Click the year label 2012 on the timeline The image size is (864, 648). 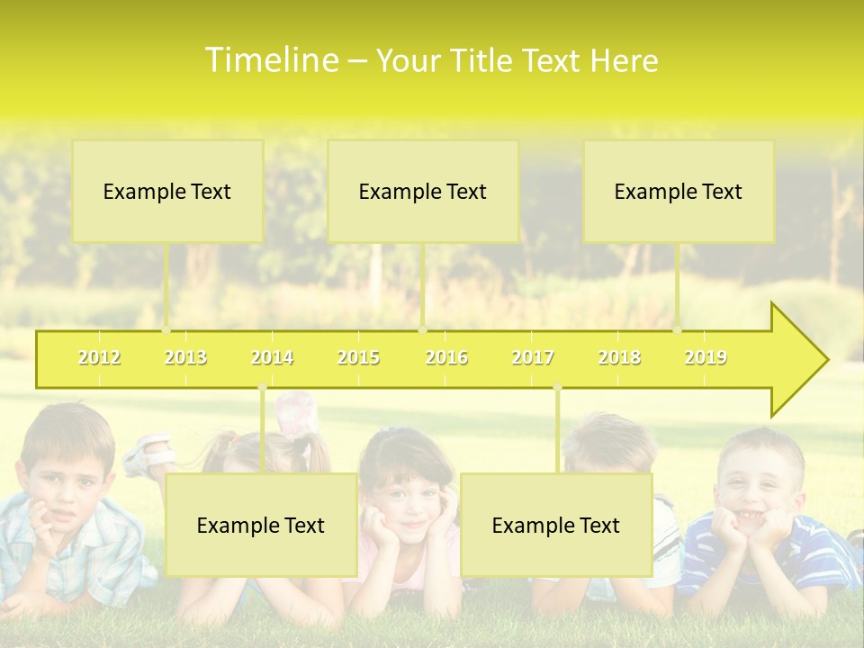click(99, 357)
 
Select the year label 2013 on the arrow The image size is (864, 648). click(185, 357)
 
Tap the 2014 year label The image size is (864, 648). click(272, 357)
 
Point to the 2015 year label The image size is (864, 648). click(358, 357)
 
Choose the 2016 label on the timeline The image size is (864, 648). click(445, 357)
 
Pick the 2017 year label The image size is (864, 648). click(533, 357)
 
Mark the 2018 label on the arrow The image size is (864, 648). click(619, 357)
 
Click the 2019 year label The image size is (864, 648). click(706, 357)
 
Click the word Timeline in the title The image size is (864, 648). click(270, 60)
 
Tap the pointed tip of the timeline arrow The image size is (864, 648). click(825, 360)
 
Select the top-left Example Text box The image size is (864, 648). click(167, 191)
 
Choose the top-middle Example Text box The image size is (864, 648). click(423, 191)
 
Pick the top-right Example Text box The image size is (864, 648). click(679, 191)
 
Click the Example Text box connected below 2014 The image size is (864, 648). click(261, 525)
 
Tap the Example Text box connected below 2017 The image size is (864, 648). click(556, 525)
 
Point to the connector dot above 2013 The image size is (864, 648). click(166, 329)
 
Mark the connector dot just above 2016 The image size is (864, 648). click(422, 329)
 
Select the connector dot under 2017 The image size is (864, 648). click(557, 387)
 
